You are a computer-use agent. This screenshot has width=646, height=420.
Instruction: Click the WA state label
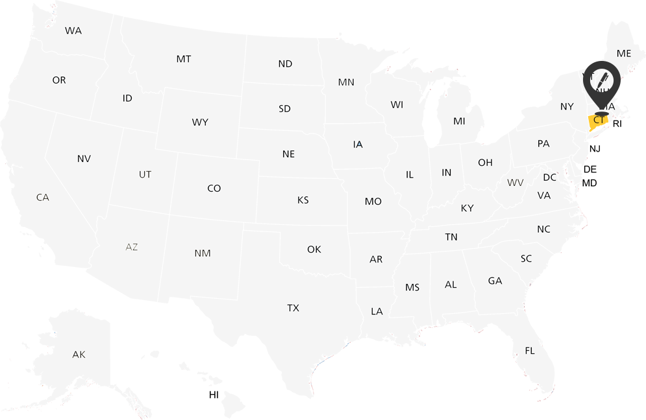click(x=73, y=30)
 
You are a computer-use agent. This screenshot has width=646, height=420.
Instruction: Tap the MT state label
click(x=184, y=59)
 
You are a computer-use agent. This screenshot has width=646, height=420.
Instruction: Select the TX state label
click(x=293, y=308)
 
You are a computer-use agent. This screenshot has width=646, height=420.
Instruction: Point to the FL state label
click(x=530, y=351)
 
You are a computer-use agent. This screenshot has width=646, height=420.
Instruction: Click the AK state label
click(x=79, y=355)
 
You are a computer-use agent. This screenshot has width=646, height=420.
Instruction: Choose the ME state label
click(x=624, y=53)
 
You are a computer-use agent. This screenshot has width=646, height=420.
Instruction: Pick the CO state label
click(x=214, y=189)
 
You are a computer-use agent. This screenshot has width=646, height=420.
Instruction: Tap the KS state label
click(x=303, y=200)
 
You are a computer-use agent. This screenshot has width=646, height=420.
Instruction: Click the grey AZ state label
click(x=132, y=247)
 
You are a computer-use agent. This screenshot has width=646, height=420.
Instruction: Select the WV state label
click(x=516, y=183)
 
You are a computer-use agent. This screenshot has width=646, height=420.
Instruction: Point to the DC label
click(x=550, y=178)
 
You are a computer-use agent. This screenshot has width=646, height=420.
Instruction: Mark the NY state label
click(x=567, y=106)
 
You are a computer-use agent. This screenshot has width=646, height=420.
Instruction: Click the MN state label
click(x=346, y=82)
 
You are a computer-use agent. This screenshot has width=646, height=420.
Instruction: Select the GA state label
click(x=495, y=281)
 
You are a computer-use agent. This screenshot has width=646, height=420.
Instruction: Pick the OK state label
click(x=314, y=250)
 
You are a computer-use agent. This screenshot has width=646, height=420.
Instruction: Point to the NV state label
click(x=84, y=159)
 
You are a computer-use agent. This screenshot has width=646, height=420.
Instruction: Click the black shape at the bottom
click(x=200, y=400)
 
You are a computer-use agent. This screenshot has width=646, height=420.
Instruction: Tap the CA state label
click(x=43, y=197)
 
